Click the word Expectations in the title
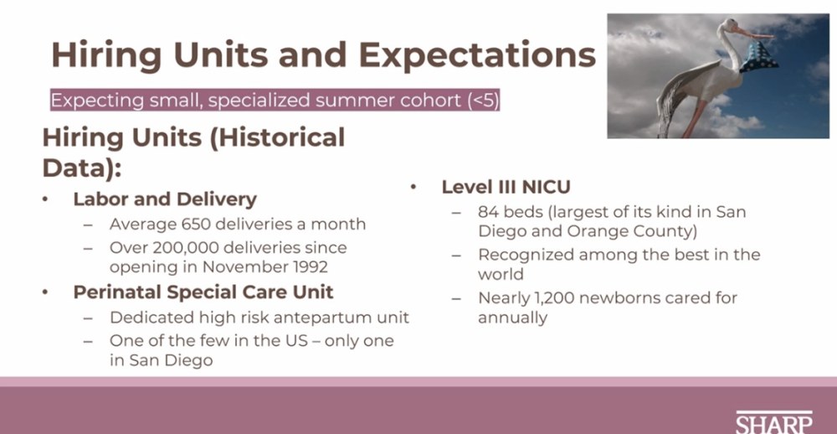[477, 54]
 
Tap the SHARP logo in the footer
[774, 422]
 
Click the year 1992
[309, 266]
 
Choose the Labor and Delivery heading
[165, 199]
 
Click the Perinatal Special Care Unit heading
[203, 292]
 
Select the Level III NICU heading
[506, 187]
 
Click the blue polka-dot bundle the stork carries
[758, 57]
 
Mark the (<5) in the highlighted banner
[483, 101]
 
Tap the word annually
[512, 318]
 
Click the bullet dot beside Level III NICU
[413, 187]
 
